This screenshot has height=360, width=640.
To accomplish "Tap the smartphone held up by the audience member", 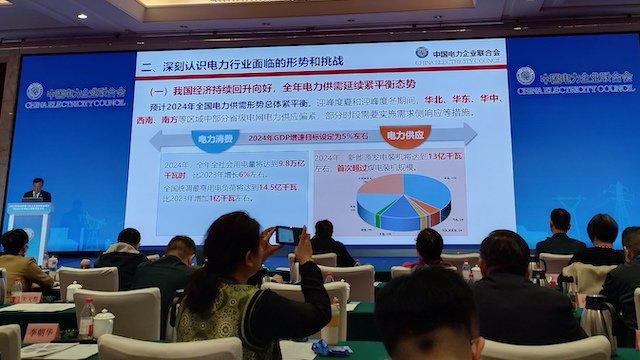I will point(287,235).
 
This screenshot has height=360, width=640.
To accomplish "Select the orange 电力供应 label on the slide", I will point(404,134).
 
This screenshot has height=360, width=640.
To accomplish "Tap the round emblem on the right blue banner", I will point(524,76).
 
